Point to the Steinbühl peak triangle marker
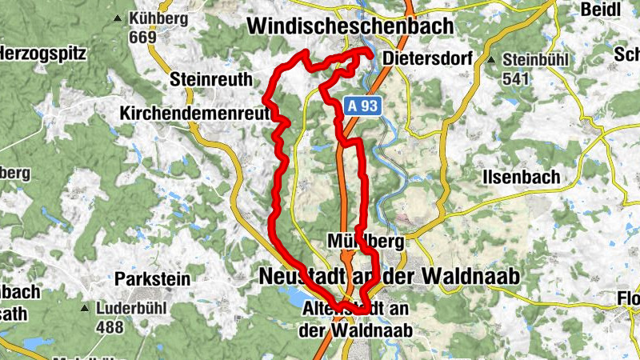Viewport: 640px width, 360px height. (x=493, y=60)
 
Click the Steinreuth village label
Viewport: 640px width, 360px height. (x=211, y=79)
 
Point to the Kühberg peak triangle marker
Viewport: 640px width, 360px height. (x=118, y=18)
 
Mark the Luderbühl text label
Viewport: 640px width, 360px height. (x=127, y=308)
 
